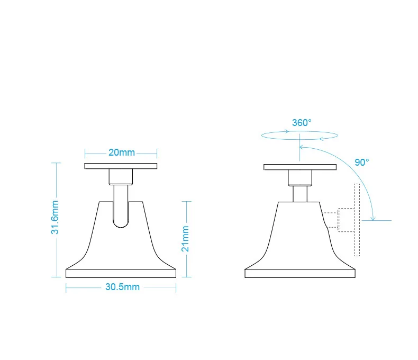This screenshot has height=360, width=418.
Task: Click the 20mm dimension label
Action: click(121, 152)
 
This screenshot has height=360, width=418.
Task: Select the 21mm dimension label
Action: click(186, 239)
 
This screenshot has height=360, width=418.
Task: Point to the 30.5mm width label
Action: click(122, 287)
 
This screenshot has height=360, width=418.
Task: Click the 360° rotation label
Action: click(302, 122)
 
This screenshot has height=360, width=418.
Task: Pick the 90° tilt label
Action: click(362, 163)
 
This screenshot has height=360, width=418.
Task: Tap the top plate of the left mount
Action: click(121, 166)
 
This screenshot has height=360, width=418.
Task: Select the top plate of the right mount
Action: click(300, 167)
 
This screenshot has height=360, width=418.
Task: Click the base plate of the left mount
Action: click(121, 273)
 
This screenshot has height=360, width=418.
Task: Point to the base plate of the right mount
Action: click(300, 273)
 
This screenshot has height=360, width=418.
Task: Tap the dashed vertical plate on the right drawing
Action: click(357, 220)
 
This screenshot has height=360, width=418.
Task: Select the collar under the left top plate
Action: click(121, 176)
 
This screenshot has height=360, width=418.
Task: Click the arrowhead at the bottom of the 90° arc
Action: click(374, 218)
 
